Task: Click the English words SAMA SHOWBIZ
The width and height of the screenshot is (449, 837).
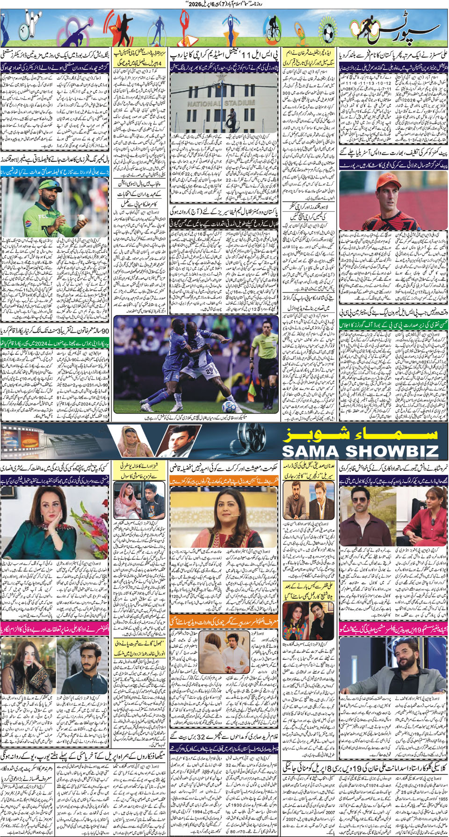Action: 360,451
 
